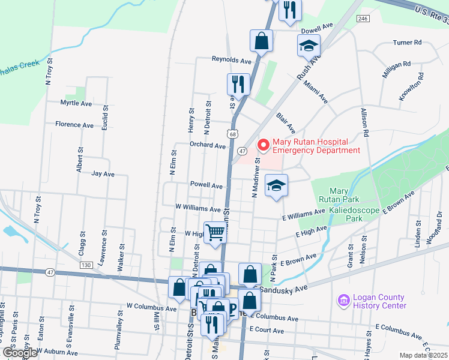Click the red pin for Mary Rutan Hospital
click(262, 145)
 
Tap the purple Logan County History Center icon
click(343, 299)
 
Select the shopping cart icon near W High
click(215, 233)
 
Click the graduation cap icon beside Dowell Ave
click(309, 45)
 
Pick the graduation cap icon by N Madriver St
click(276, 185)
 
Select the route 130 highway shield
click(86, 264)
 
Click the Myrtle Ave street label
click(76, 103)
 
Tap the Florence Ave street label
click(74, 125)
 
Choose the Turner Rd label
click(408, 43)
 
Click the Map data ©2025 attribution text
click(423, 355)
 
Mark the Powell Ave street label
click(206, 185)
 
